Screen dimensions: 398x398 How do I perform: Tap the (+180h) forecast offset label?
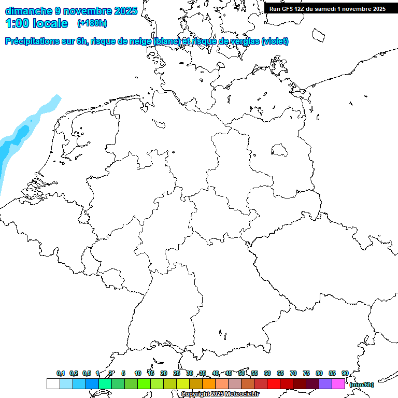[92, 23]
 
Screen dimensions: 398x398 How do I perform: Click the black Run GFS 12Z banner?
[328, 9]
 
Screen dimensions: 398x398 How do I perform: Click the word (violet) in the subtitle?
[275, 41]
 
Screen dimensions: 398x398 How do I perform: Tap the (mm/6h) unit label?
[362, 385]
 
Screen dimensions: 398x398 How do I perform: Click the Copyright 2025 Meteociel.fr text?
[220, 394]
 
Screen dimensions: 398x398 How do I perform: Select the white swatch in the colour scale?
[53, 383]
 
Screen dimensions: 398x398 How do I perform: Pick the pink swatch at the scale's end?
[338, 383]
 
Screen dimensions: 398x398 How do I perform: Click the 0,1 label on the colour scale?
[61, 373]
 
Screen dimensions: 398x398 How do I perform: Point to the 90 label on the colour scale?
[345, 373]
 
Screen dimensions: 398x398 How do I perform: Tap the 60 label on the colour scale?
[267, 373]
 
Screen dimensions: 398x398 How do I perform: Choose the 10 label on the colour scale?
[138, 373]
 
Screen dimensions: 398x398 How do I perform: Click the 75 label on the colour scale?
[306, 373]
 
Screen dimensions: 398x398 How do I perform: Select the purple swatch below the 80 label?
[325, 383]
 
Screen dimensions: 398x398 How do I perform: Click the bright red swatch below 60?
[274, 383]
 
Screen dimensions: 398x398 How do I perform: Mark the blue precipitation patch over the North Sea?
[16, 140]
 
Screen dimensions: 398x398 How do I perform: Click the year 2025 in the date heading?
[125, 10]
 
